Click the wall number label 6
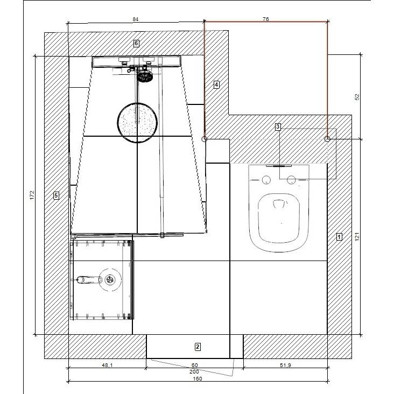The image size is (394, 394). click(136, 44)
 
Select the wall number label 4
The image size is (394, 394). click(216, 85)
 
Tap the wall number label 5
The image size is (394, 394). click(56, 195)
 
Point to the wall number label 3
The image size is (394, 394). click(278, 126)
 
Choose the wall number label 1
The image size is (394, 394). click(339, 237)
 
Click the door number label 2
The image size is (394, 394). click(198, 347)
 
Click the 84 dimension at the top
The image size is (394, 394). click(136, 19)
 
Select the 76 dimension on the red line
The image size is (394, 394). click(265, 19)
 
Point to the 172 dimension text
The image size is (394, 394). click(32, 195)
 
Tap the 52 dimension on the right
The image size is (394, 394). click(357, 97)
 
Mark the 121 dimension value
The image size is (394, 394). click(357, 237)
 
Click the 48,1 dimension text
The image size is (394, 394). click(107, 365)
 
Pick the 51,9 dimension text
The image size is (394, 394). click(285, 365)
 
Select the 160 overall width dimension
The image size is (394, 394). click(198, 378)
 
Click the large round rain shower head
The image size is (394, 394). click(137, 123)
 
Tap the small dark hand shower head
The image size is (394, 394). click(145, 76)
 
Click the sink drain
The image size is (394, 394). click(110, 279)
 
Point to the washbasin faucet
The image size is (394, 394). click(89, 280)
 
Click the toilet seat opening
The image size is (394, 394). click(279, 218)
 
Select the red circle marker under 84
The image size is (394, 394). click(205, 138)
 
